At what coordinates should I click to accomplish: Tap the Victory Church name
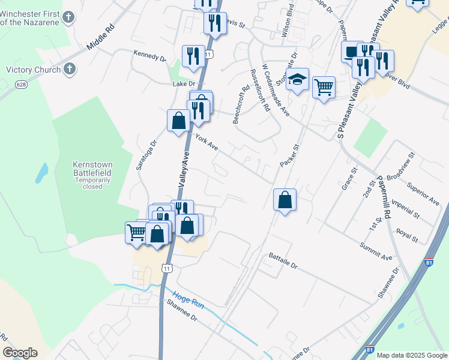tap(33, 70)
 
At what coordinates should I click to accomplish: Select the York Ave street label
tap(206, 143)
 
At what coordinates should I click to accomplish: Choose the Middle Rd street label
tap(100, 37)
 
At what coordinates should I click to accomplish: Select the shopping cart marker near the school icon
tap(324, 88)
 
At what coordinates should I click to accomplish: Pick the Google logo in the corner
tap(20, 353)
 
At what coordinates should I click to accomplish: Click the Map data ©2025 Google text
tap(412, 355)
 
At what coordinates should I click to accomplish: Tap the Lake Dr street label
tap(184, 84)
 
